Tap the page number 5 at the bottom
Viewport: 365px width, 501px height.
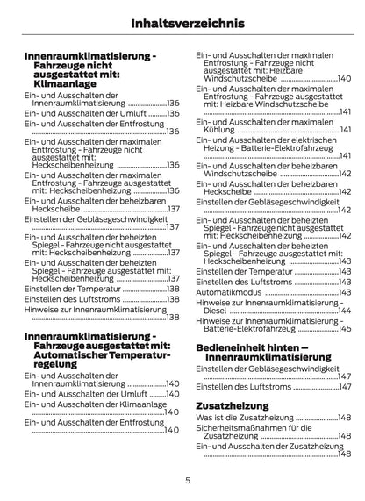tap(187, 480)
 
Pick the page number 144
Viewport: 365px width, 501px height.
tap(345, 311)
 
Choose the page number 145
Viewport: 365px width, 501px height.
tap(345, 328)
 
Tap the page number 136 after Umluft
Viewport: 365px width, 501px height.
tap(157, 114)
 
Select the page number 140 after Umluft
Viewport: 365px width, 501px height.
tap(158, 395)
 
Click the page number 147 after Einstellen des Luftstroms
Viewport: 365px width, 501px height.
tap(345, 387)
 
